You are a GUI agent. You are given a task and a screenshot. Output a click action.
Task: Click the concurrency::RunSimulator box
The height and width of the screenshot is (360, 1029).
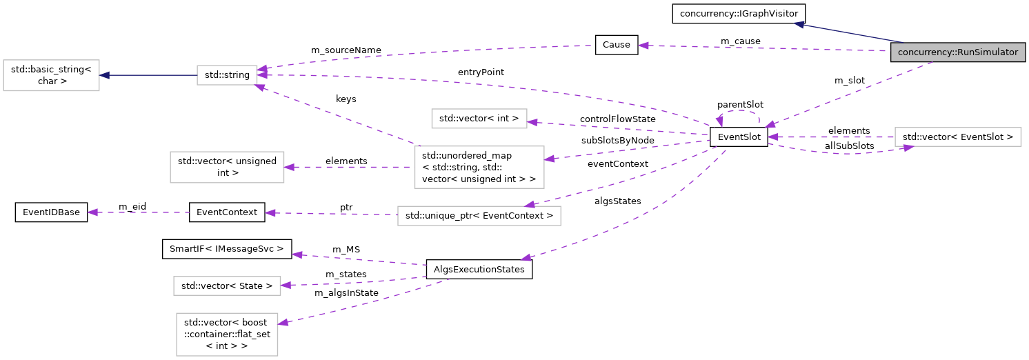pyautogui.click(x=958, y=52)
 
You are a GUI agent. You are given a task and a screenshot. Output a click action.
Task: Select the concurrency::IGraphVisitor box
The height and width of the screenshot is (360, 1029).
pyautogui.click(x=739, y=13)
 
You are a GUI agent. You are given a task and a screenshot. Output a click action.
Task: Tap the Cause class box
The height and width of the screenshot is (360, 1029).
pyautogui.click(x=616, y=45)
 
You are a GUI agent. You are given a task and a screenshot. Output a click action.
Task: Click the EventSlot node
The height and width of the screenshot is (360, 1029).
pyautogui.click(x=739, y=137)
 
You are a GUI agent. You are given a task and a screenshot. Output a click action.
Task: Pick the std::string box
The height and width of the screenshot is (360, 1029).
pyautogui.click(x=227, y=75)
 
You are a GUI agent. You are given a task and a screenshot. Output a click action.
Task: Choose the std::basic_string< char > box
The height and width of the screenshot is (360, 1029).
pyautogui.click(x=52, y=75)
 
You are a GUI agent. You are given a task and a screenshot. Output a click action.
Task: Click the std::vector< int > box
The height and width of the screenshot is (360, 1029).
pyautogui.click(x=479, y=118)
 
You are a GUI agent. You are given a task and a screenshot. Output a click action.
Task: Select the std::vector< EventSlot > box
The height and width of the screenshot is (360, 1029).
pyautogui.click(x=957, y=137)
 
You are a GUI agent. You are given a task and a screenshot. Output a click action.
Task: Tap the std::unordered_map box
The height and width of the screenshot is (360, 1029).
pyautogui.click(x=479, y=166)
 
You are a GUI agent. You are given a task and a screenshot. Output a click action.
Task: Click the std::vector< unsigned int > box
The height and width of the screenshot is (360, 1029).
pyautogui.click(x=227, y=166)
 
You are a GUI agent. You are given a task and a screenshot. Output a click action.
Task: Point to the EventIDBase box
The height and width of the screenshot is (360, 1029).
pyautogui.click(x=52, y=212)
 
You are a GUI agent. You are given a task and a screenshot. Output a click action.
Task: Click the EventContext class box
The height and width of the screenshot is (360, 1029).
pyautogui.click(x=227, y=212)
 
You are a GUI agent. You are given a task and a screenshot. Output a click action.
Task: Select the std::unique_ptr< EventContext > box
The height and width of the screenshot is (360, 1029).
pyautogui.click(x=479, y=216)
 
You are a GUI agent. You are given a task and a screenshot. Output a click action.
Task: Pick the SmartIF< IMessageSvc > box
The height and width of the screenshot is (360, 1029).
pyautogui.click(x=227, y=248)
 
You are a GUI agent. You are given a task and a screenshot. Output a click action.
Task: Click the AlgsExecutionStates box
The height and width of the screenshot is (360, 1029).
pyautogui.click(x=479, y=270)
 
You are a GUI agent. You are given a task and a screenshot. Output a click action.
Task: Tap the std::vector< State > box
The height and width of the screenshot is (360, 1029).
pyautogui.click(x=227, y=285)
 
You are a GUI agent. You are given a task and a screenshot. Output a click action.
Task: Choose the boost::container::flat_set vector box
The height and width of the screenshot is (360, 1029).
pyautogui.click(x=227, y=334)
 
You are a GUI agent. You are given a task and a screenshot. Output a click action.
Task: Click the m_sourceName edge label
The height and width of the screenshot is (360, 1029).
pyautogui.click(x=346, y=50)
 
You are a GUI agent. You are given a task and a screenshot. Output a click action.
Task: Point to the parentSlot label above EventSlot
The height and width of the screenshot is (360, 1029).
pyautogui.click(x=740, y=104)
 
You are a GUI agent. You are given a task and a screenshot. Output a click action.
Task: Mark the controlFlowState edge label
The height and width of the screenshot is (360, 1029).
pyautogui.click(x=617, y=119)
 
